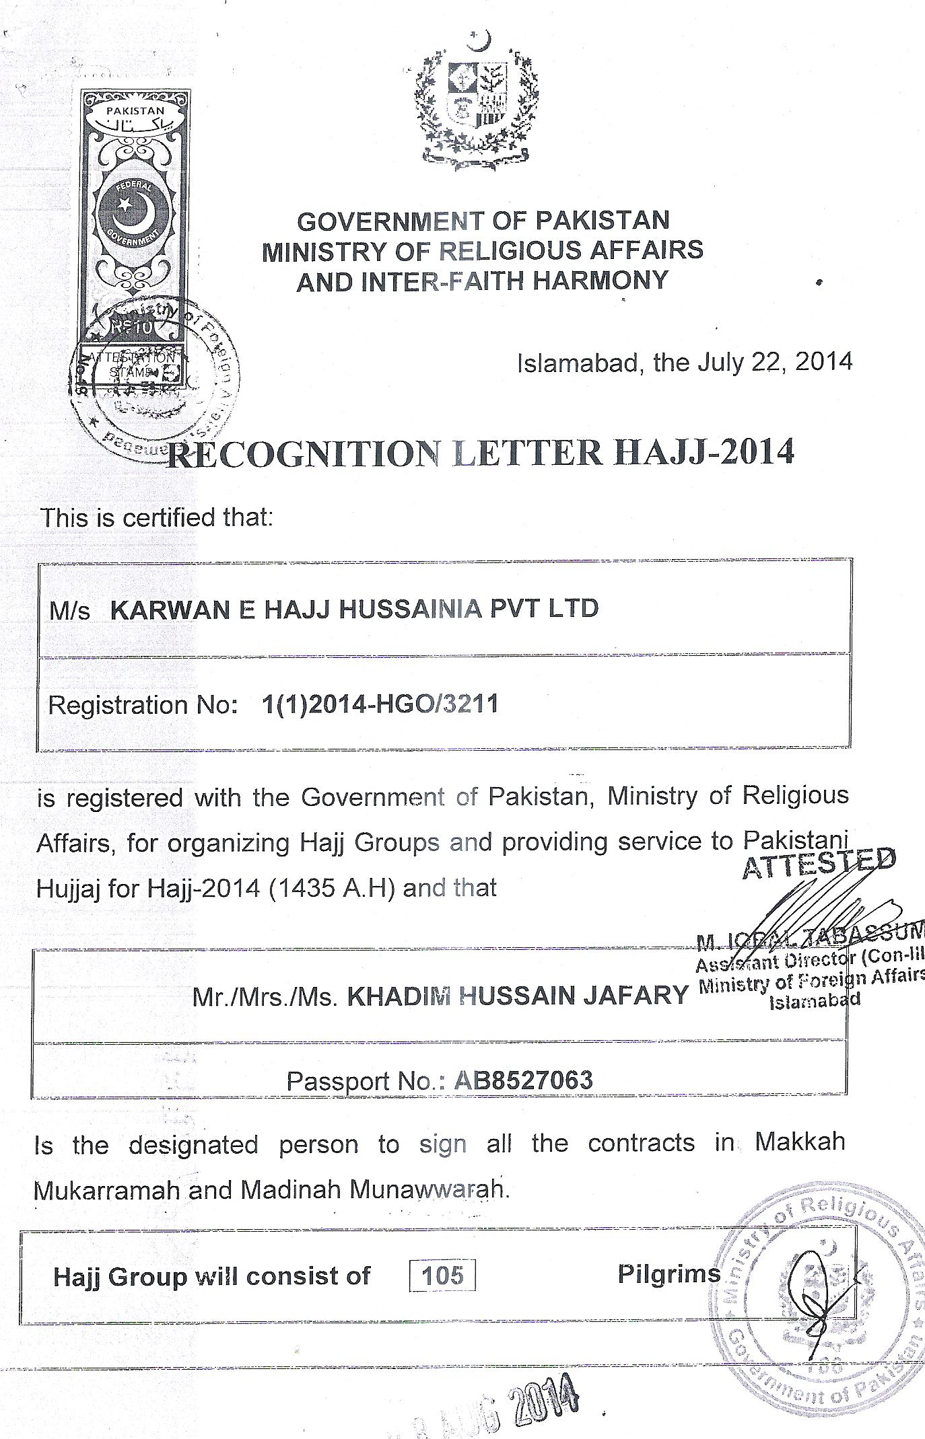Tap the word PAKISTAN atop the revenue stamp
pyautogui.click(x=137, y=110)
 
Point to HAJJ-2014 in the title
pyautogui.click(x=705, y=451)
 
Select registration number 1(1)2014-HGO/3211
pyautogui.click(x=380, y=704)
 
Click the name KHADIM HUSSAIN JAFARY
pyautogui.click(x=518, y=995)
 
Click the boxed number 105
pyautogui.click(x=442, y=1274)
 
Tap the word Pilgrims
pyautogui.click(x=669, y=1273)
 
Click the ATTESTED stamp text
pyautogui.click(x=819, y=864)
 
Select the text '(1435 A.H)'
pyautogui.click(x=332, y=888)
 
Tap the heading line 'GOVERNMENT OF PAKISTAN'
pyautogui.click(x=483, y=221)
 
